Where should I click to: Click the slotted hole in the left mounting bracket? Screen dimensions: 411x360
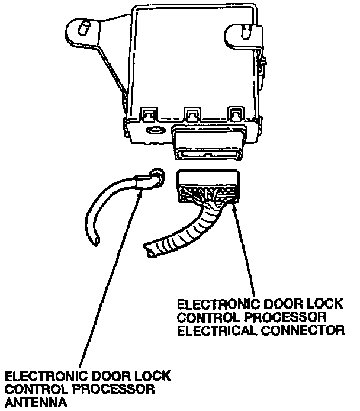pyautogui.click(x=84, y=27)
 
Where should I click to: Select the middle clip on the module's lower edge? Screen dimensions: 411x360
pyautogui.click(x=191, y=113)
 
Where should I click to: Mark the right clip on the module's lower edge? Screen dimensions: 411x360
pyautogui.click(x=236, y=113)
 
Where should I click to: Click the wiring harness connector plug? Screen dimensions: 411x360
pyautogui.click(x=208, y=185)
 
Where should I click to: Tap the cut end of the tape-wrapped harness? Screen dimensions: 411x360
pyautogui.click(x=149, y=249)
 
